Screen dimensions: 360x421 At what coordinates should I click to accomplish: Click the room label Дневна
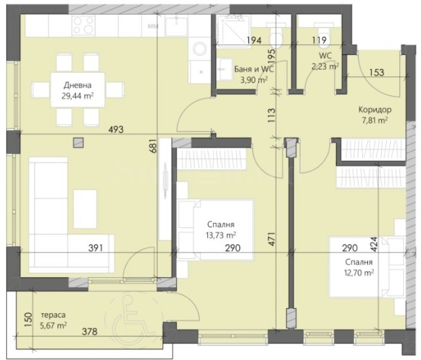(77, 85)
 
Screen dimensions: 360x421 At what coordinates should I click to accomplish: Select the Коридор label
(374, 110)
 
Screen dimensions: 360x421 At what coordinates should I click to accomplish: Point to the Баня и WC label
(254, 69)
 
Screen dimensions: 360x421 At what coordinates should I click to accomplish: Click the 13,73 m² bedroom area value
(221, 235)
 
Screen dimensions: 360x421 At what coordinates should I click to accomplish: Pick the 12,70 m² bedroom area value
(359, 272)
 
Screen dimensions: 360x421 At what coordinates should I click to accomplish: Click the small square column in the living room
(78, 142)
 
